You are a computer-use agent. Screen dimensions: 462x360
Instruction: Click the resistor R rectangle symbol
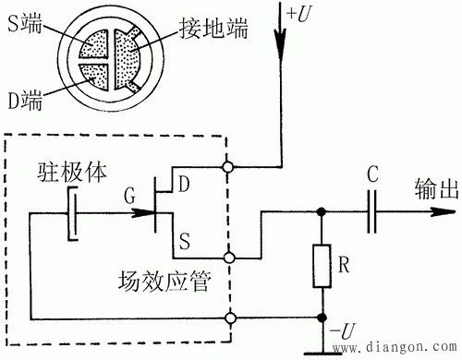pyautogui.click(x=322, y=266)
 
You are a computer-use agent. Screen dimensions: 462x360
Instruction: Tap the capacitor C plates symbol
pyautogui.click(x=371, y=211)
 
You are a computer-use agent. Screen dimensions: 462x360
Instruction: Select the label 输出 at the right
pyautogui.click(x=436, y=188)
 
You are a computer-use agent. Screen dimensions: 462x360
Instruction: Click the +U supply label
pyautogui.click(x=298, y=14)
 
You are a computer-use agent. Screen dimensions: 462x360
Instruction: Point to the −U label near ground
pyautogui.click(x=343, y=330)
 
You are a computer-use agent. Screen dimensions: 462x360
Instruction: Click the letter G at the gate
pyautogui.click(x=129, y=196)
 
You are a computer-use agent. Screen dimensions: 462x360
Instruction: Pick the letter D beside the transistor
pyautogui.click(x=184, y=185)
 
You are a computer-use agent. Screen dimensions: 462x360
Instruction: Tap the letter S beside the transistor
pyautogui.click(x=185, y=241)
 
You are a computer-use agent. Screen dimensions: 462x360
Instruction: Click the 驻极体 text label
pyautogui.click(x=72, y=172)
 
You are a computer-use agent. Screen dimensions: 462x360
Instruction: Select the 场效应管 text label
pyautogui.click(x=164, y=282)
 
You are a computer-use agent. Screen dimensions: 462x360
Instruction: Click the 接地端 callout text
pyautogui.click(x=213, y=29)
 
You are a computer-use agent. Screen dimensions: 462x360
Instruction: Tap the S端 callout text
pyautogui.click(x=25, y=23)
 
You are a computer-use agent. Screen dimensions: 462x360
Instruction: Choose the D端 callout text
pyautogui.click(x=25, y=100)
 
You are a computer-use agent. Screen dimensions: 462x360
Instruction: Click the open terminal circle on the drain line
pyautogui.click(x=228, y=167)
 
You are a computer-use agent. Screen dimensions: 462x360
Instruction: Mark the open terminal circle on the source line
pyautogui.click(x=229, y=258)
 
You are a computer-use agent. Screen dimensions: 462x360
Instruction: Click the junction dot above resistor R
pyautogui.click(x=322, y=211)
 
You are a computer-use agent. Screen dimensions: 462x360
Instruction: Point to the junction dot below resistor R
pyautogui.click(x=322, y=318)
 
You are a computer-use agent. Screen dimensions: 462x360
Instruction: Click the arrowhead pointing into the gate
pyautogui.click(x=143, y=213)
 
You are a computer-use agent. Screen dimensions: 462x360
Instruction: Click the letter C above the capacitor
pyautogui.click(x=372, y=174)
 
